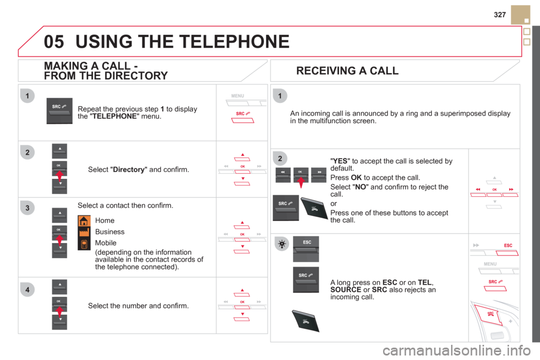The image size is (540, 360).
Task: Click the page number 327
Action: [x=499, y=15]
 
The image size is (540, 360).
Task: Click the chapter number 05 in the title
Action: [x=54, y=42]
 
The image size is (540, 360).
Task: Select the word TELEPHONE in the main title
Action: [x=214, y=42]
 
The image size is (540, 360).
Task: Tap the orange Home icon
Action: [x=84, y=221]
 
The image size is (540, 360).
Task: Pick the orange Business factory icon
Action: [x=84, y=232]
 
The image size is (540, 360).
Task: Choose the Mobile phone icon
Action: [x=84, y=244]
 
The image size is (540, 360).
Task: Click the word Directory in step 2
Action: [x=129, y=169]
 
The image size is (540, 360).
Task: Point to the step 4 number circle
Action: [x=28, y=290]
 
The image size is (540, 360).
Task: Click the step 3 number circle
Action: [x=28, y=208]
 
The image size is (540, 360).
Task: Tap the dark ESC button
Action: [x=306, y=249]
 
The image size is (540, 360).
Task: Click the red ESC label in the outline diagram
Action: [x=508, y=245]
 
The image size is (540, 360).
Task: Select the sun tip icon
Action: [x=282, y=244]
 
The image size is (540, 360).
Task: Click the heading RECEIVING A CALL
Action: [x=347, y=71]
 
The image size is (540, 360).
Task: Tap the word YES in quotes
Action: [x=340, y=161]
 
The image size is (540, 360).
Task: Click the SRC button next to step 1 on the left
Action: [x=60, y=111]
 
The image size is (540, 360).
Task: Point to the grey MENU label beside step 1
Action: [x=237, y=96]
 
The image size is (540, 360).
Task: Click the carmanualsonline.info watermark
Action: [x=456, y=350]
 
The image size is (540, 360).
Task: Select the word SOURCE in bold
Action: [x=346, y=290]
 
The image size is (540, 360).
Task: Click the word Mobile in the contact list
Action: [x=106, y=243]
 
